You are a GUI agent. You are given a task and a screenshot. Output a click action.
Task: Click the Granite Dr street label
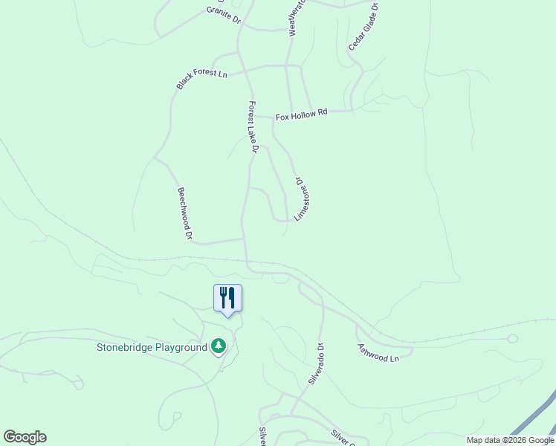(224, 15)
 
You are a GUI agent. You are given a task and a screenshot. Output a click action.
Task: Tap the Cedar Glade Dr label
(363, 28)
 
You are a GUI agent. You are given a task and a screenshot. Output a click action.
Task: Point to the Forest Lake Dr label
(253, 127)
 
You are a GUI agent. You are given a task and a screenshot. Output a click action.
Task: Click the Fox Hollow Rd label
(301, 115)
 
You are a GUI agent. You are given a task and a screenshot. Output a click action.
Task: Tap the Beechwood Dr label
(185, 213)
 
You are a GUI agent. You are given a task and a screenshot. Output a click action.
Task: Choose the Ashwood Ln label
(378, 352)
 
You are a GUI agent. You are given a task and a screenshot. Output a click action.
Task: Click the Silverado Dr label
(316, 363)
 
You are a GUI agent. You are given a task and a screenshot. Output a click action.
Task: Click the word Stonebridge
(126, 347)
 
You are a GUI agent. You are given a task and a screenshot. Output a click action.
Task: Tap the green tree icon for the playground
(218, 346)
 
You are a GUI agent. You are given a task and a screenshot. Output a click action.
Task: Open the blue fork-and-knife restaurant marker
(227, 298)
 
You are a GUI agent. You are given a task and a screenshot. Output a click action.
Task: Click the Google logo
(25, 437)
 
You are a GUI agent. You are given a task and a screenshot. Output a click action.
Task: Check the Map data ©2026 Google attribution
(510, 440)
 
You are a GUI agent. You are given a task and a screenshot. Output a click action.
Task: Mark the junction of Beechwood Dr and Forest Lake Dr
(243, 239)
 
